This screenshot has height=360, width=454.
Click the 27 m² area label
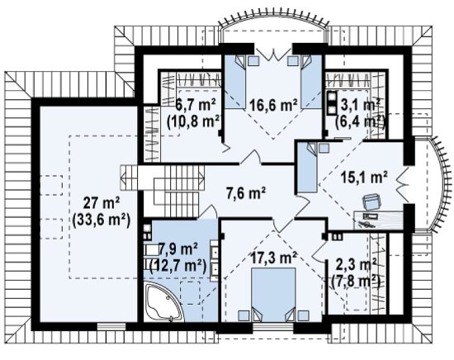[x=102, y=203]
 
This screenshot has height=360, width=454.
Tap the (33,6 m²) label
[x=102, y=221]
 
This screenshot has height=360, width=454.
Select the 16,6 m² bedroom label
[x=273, y=105]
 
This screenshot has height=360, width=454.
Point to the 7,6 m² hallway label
[x=246, y=193]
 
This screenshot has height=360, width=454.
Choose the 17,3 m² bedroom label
[x=273, y=258]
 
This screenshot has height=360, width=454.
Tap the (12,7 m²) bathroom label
[x=178, y=265]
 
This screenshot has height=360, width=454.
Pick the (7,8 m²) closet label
[x=356, y=281]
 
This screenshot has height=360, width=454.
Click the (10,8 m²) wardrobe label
[x=193, y=121]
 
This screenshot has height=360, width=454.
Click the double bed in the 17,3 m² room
[x=273, y=294]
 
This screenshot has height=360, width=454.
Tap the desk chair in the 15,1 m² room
[x=371, y=201]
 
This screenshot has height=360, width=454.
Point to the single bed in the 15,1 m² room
[x=308, y=167]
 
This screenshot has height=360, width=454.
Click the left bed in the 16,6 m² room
[x=236, y=82]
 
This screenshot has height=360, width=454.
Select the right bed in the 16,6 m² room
[x=311, y=82]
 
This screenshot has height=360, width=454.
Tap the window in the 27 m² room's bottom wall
[x=111, y=326]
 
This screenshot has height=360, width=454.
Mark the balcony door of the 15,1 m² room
[x=403, y=185]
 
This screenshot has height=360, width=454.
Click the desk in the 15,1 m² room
[x=378, y=220]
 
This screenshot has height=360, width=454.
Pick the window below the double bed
[x=273, y=327]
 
